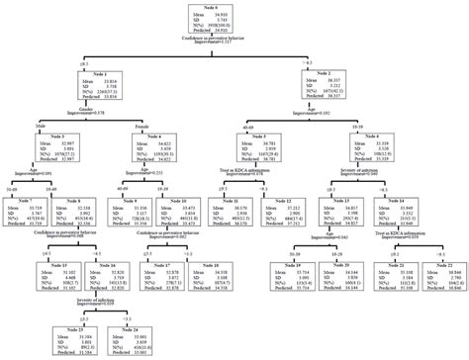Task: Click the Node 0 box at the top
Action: [233, 19]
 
